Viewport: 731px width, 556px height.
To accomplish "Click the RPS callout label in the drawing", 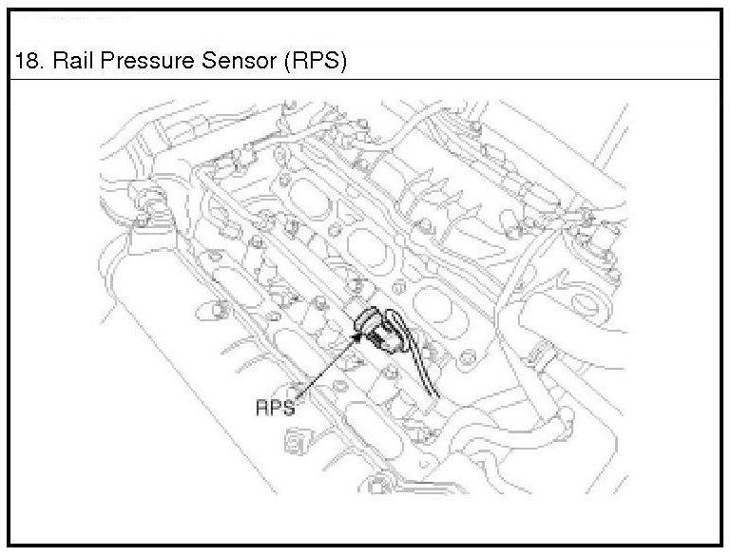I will pyautogui.click(x=275, y=408).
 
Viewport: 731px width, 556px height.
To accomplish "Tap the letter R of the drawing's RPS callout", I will pyautogui.click(x=262, y=408).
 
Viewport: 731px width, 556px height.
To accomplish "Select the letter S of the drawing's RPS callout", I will pyautogui.click(x=288, y=408).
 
